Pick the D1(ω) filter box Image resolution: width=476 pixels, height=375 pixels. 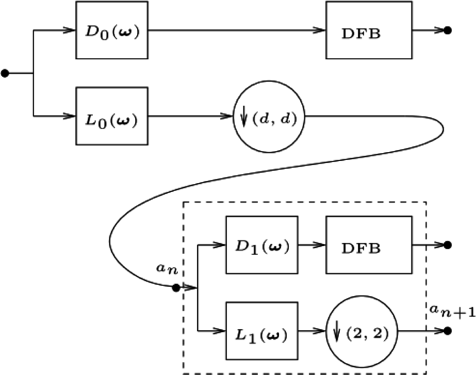click(x=261, y=245)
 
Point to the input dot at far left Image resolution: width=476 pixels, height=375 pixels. click(x=5, y=73)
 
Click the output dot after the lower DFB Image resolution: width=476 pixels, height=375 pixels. click(x=448, y=245)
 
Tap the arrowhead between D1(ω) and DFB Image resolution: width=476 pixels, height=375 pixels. click(x=320, y=245)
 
